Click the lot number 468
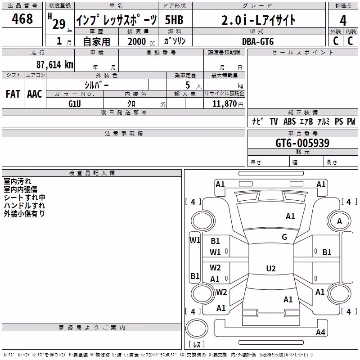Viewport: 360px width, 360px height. tap(22, 18)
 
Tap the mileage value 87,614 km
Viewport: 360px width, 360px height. tap(55, 65)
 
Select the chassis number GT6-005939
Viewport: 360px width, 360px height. tap(302, 143)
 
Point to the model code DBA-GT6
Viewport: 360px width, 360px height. tap(258, 41)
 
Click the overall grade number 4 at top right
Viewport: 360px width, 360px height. tap(343, 21)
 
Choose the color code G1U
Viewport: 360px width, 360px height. tap(75, 104)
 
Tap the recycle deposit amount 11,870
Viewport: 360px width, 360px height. tap(224, 104)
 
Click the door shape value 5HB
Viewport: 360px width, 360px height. tap(174, 20)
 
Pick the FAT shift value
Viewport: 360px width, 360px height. tap(13, 94)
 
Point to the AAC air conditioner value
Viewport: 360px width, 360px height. tap(35, 94)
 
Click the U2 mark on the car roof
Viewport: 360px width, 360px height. tap(271, 268)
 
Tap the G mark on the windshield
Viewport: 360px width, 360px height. tap(284, 237)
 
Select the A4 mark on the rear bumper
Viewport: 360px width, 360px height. tap(320, 332)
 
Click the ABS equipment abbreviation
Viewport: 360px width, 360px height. tap(289, 121)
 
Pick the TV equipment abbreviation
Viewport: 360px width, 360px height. tap(274, 121)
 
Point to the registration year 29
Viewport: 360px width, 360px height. tap(59, 24)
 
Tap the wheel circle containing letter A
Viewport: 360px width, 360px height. tap(339, 221)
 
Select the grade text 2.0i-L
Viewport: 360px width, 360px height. tap(241, 20)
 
